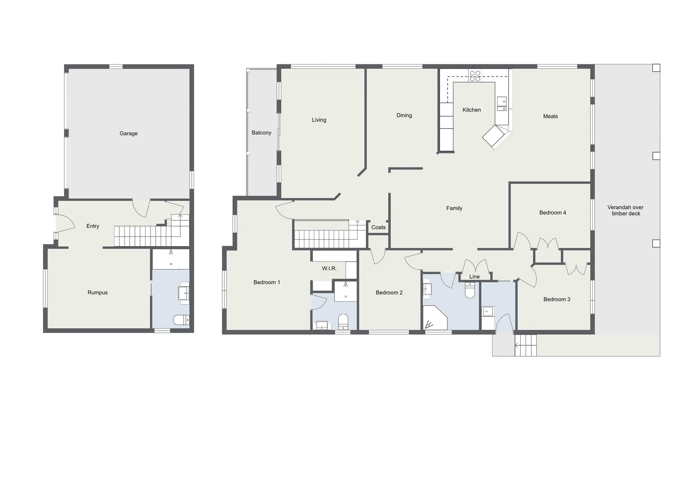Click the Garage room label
(128, 133)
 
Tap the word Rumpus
(97, 292)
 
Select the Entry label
(93, 226)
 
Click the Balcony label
(261, 133)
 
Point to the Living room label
(319, 120)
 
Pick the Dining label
(404, 116)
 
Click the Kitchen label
(471, 110)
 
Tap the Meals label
(550, 116)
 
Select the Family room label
(454, 208)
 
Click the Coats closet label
(378, 228)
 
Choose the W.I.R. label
(329, 268)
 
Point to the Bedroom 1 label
(267, 282)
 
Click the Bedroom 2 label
(389, 292)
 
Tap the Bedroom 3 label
(556, 299)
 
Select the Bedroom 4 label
(552, 212)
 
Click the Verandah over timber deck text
(625, 210)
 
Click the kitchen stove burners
(475, 76)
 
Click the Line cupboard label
(474, 276)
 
